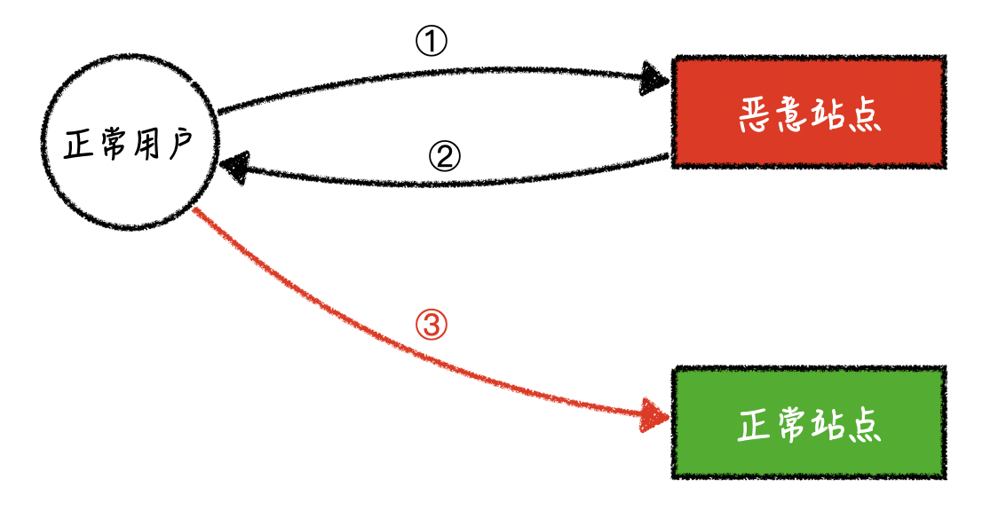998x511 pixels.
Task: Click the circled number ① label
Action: click(x=431, y=42)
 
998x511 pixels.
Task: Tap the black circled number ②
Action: click(x=444, y=156)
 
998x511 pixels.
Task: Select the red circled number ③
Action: click(x=431, y=326)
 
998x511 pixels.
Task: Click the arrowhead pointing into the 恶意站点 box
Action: click(x=654, y=78)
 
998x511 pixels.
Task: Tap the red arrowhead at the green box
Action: click(x=655, y=415)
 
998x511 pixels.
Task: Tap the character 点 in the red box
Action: click(x=864, y=115)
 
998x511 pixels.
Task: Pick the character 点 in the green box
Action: click(x=864, y=425)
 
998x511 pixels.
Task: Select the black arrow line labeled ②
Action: click(x=446, y=184)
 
